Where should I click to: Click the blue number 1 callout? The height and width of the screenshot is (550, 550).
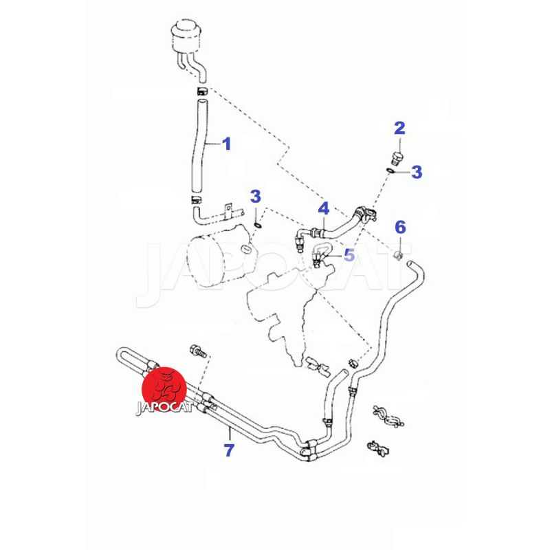click(x=228, y=144)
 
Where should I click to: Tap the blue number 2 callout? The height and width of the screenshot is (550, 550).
click(x=399, y=128)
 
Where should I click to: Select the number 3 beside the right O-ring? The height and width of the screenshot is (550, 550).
click(x=417, y=172)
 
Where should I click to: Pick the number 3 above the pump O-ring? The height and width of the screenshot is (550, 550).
click(x=256, y=197)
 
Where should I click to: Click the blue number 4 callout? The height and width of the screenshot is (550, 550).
click(x=323, y=208)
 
